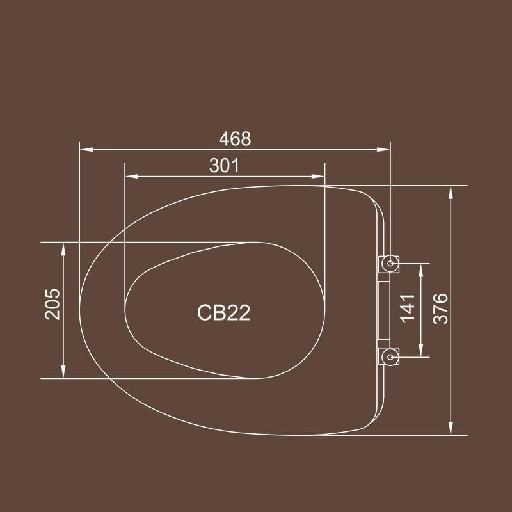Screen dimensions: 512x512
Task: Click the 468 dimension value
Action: (235, 139)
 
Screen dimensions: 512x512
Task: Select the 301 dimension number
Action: (225, 166)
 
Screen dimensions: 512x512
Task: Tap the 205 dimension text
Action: (52, 304)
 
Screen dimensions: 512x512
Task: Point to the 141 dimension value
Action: (408, 308)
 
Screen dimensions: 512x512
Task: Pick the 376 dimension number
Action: (440, 308)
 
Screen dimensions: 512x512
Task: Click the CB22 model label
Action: (223, 313)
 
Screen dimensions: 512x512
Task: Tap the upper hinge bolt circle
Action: (390, 264)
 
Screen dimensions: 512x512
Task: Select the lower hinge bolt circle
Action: (390, 357)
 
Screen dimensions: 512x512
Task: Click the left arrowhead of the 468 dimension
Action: (86, 150)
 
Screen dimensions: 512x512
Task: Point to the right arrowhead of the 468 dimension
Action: (383, 150)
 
